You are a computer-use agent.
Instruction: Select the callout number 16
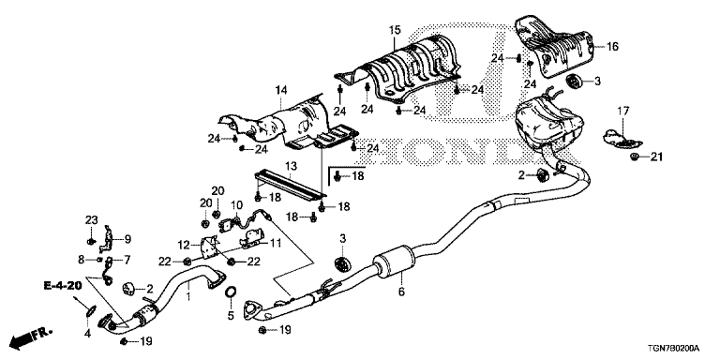(x=612, y=46)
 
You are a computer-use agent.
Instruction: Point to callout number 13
(x=291, y=166)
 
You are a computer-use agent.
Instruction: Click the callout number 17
(x=621, y=112)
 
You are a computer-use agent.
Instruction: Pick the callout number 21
(x=656, y=156)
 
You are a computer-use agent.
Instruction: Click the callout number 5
(x=230, y=316)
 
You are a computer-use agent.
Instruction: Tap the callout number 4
(x=88, y=333)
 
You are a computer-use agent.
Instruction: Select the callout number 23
(x=92, y=219)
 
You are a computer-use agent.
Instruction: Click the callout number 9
(x=128, y=239)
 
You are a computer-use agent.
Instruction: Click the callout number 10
(x=237, y=204)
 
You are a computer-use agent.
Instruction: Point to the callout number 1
(x=187, y=297)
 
